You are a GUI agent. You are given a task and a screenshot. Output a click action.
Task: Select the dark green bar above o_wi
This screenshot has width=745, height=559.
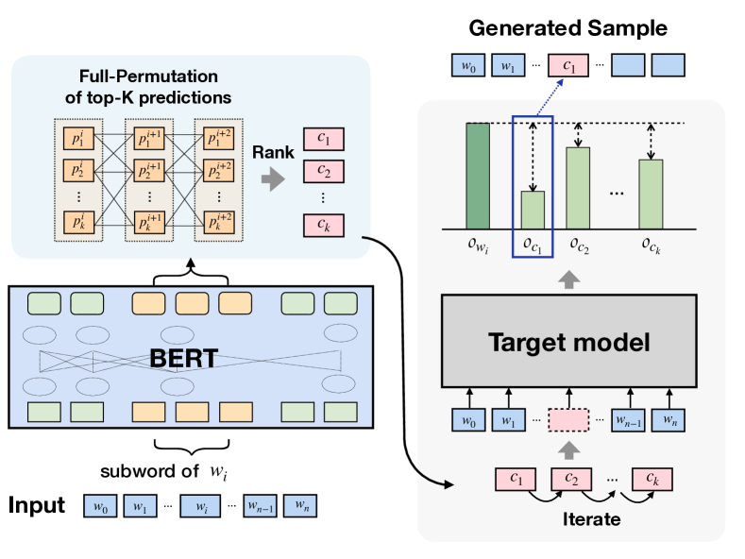(478, 175)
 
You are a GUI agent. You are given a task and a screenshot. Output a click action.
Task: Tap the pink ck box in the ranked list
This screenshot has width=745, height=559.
(324, 226)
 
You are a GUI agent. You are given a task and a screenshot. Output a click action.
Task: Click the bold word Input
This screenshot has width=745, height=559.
(37, 505)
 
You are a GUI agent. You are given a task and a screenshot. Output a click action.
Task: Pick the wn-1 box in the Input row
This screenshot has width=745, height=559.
(262, 507)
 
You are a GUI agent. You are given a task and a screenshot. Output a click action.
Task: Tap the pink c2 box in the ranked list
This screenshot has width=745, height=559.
(324, 173)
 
